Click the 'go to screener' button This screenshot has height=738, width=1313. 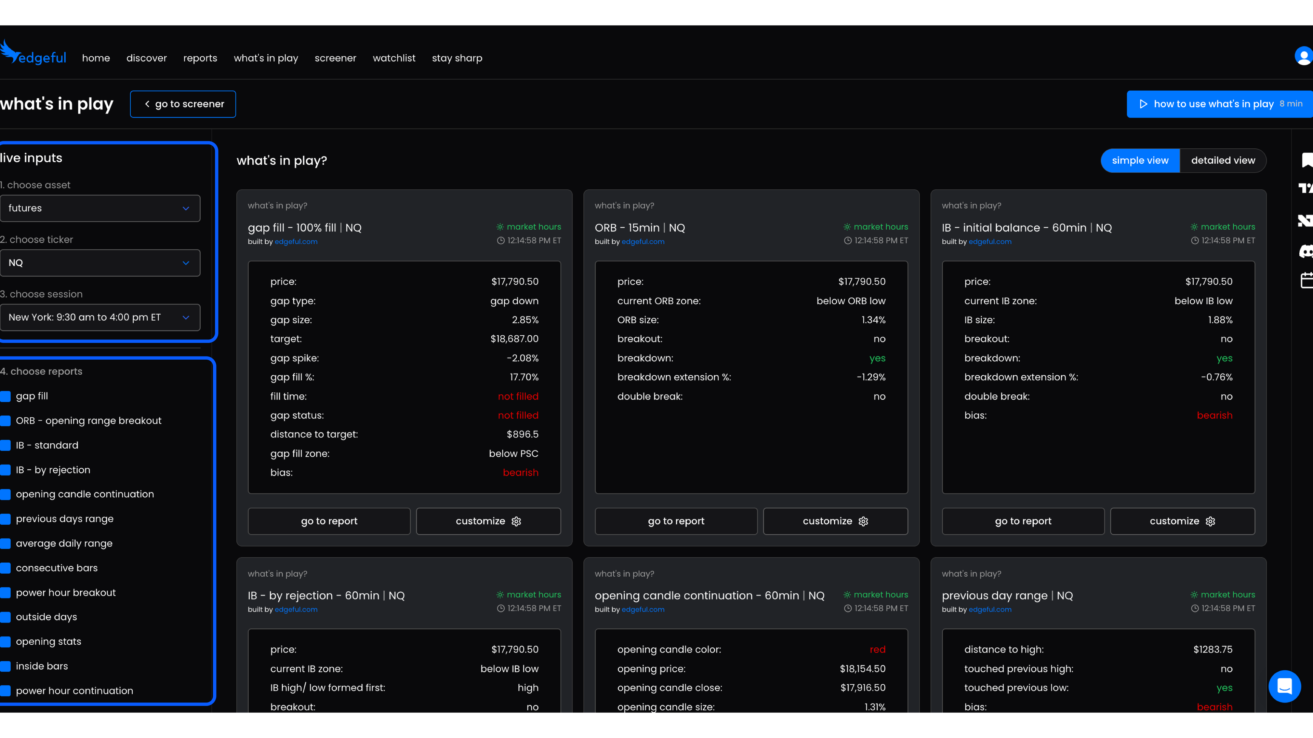point(183,104)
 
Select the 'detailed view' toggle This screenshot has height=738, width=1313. point(1222,161)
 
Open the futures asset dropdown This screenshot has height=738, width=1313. point(100,208)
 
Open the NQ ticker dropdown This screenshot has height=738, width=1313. point(100,263)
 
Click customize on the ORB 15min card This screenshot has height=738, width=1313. point(835,521)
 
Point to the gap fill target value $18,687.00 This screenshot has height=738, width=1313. point(514,339)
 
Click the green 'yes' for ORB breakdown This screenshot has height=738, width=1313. point(877,358)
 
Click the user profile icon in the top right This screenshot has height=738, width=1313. point(1303,56)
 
